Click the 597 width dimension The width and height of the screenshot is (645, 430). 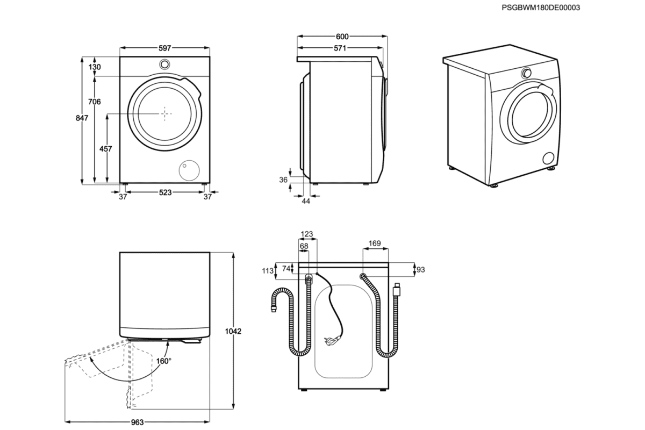165,48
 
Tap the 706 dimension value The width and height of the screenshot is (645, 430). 95,102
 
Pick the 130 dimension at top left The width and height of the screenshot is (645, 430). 95,67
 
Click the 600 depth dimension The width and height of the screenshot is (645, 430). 342,37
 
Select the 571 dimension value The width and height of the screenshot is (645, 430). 339,48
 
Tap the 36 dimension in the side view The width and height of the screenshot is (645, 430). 284,180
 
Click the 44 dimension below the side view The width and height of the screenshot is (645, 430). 306,200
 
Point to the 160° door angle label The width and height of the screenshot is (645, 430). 164,361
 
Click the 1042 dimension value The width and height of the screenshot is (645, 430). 233,332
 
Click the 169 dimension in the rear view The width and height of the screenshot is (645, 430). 375,243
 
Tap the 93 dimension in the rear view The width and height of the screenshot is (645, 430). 421,269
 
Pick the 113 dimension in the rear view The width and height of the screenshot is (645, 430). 268,271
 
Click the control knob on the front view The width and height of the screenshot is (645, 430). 165,64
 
